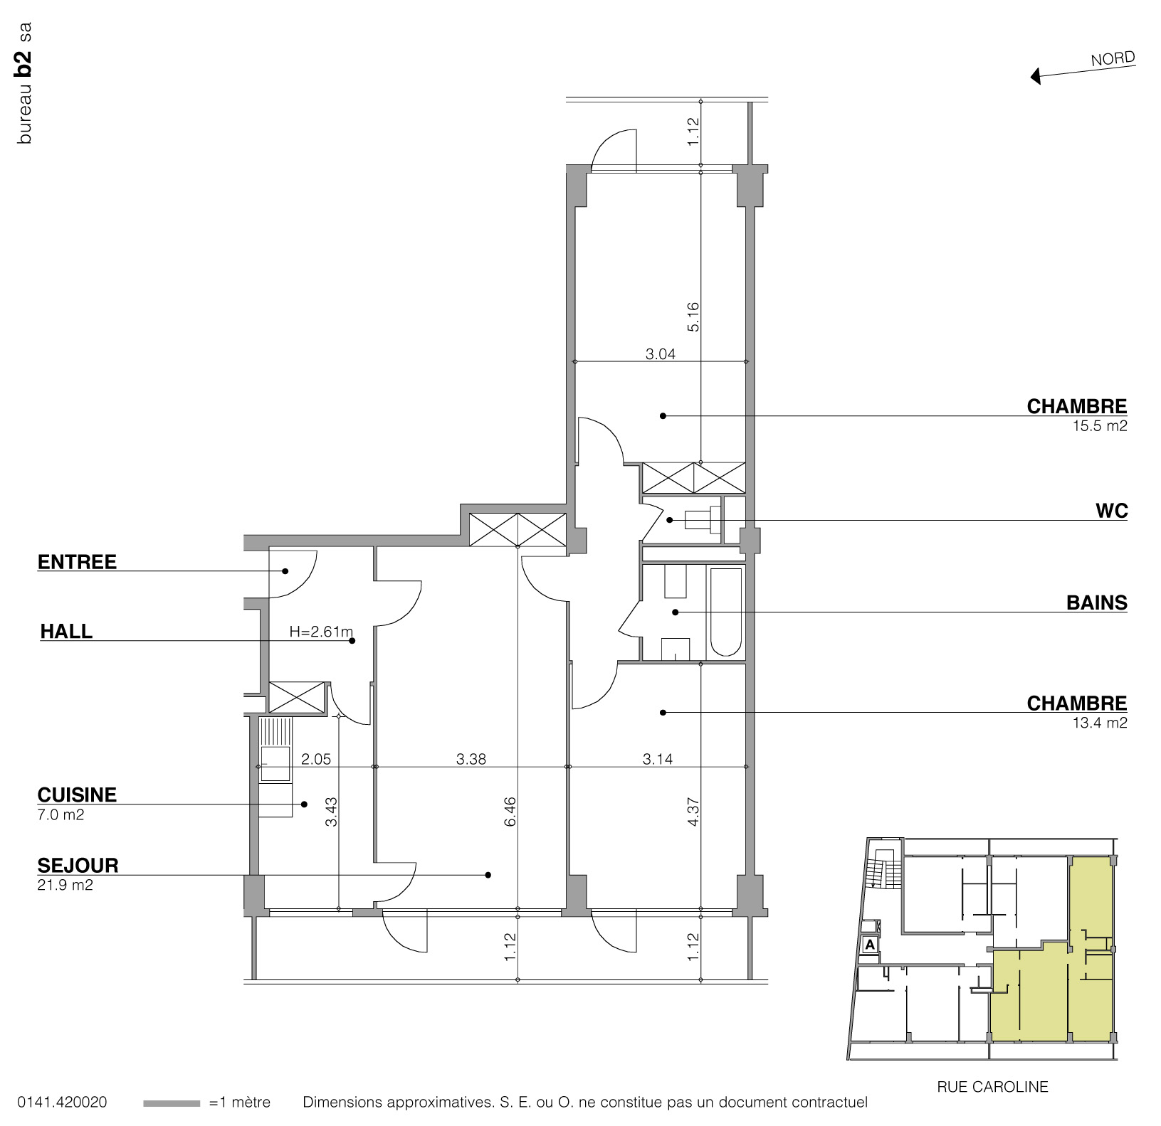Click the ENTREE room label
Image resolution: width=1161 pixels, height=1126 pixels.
click(77, 562)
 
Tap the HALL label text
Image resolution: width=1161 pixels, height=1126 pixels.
click(66, 631)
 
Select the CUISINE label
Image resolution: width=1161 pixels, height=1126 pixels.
click(77, 795)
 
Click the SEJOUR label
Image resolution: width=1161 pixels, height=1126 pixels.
click(78, 866)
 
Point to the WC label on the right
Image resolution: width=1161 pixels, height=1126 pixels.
click(1112, 511)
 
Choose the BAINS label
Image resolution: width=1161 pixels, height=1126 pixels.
click(1096, 602)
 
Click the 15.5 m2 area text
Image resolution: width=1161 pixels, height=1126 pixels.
click(1100, 427)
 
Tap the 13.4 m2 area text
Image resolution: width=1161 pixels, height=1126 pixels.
click(1100, 723)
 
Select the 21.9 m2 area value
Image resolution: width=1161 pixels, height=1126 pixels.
click(65, 886)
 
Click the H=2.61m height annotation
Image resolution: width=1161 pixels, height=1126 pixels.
click(321, 631)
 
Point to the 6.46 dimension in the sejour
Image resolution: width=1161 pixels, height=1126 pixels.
click(510, 812)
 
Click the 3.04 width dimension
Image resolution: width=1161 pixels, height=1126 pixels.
click(660, 354)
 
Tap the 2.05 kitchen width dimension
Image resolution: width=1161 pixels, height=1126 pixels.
click(316, 759)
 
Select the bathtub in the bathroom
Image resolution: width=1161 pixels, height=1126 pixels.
click(725, 612)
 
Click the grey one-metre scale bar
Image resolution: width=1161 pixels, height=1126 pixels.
click(172, 1103)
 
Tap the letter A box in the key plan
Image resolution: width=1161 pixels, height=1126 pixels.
click(869, 945)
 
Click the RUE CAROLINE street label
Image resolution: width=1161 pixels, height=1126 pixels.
click(992, 1087)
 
